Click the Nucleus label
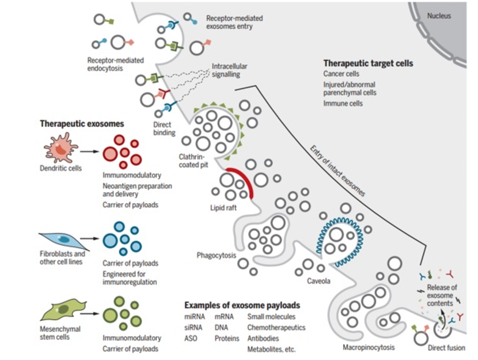tap(438, 16)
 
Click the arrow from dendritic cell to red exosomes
tap(89, 152)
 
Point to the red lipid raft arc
tap(241, 183)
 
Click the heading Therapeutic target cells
tap(368, 63)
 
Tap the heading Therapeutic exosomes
tap(82, 124)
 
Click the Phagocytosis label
tap(216, 256)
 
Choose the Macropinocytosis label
tap(369, 347)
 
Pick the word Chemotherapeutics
tap(276, 328)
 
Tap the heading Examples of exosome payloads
tap(242, 305)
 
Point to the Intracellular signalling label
tap(229, 71)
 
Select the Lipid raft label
tap(224, 208)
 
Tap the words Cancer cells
tap(341, 74)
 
